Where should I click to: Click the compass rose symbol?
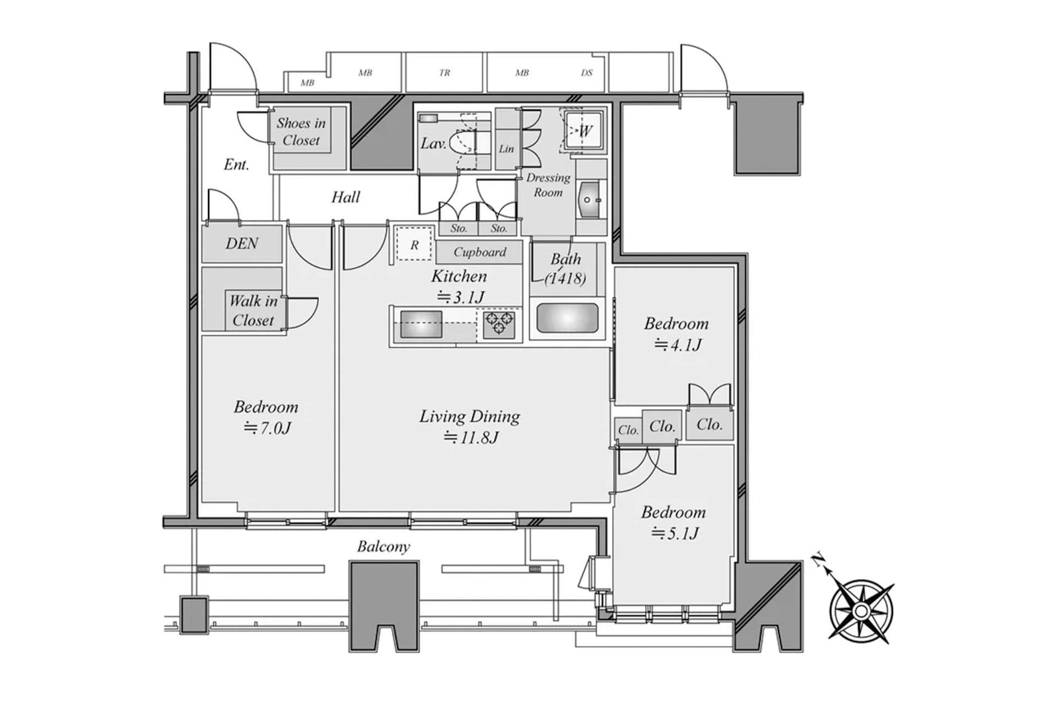(861, 611)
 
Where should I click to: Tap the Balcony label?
(383, 546)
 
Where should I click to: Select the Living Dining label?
(470, 416)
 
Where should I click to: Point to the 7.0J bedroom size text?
(268, 428)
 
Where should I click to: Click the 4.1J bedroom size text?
(678, 345)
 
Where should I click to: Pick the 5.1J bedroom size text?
(675, 533)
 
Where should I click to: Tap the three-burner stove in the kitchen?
(499, 324)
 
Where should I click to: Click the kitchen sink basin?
(421, 324)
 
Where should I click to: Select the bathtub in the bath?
(567, 318)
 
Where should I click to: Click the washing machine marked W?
(582, 131)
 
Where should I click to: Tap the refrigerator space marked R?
(415, 245)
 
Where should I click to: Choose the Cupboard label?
(480, 252)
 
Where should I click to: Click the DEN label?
(242, 243)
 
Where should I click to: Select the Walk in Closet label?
(253, 311)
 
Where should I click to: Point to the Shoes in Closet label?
(301, 132)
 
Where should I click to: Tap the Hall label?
(346, 197)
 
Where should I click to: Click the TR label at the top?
(445, 73)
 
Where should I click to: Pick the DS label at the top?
(587, 73)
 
